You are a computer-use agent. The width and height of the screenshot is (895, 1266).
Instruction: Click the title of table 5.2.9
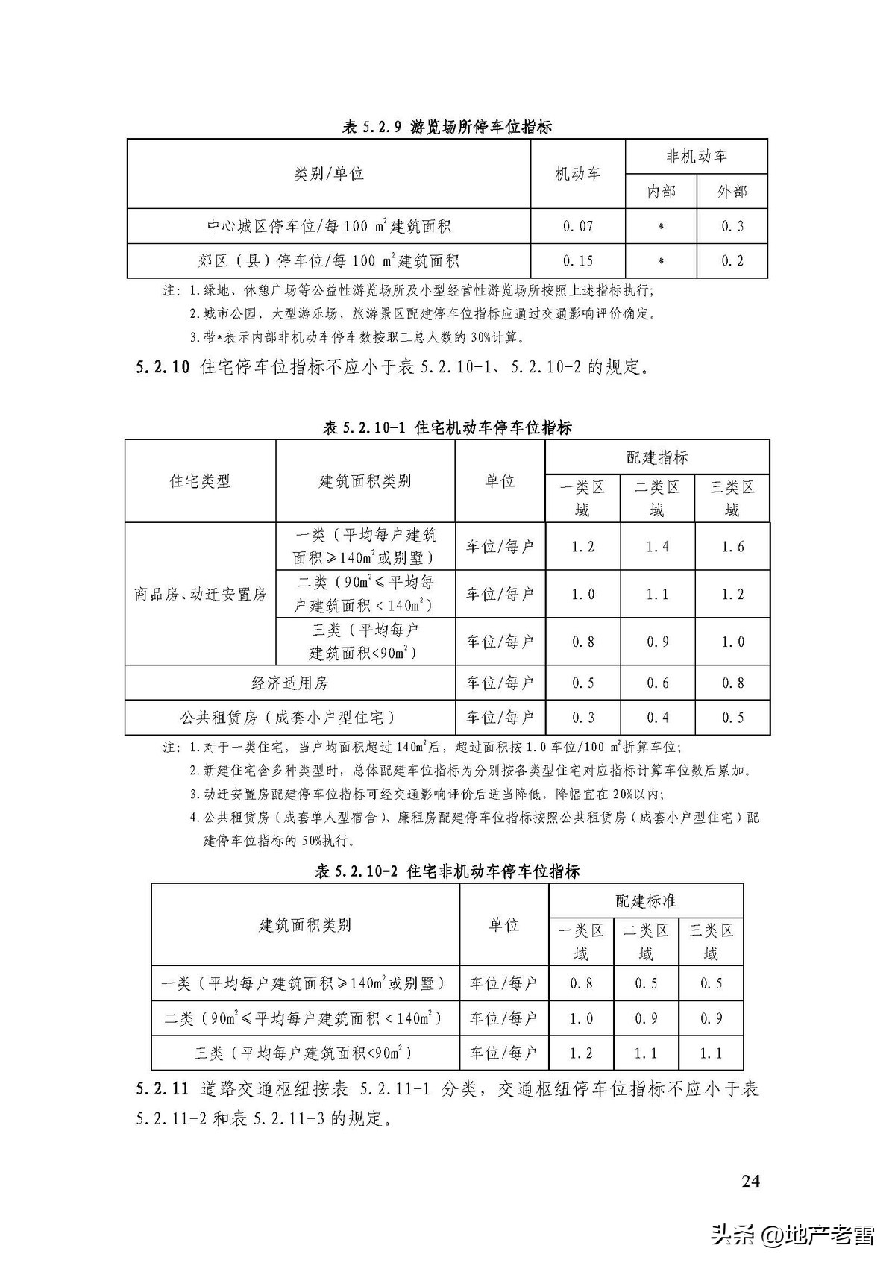447,127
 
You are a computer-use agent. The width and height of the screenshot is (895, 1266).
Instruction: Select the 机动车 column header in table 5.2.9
577,174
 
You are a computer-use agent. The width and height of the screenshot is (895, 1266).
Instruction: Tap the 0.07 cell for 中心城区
577,226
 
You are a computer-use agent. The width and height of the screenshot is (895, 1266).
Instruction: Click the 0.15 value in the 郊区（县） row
577,261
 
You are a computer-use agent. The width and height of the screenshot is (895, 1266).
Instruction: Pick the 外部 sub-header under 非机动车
732,192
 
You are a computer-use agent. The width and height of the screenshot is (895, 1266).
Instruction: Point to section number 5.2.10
163,367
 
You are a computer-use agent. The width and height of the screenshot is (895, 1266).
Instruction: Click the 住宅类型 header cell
200,481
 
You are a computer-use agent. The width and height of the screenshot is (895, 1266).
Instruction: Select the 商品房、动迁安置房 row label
200,595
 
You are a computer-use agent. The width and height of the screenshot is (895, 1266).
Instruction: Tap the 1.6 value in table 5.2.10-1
732,547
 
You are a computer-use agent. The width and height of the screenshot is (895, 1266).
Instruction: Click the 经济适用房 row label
289,683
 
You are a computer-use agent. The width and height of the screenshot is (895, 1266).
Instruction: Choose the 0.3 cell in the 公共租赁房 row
582,718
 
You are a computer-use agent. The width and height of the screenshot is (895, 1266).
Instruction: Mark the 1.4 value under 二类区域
657,547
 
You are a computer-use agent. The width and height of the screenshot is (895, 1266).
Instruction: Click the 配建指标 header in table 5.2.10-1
657,457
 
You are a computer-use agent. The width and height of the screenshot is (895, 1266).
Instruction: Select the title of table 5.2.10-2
447,871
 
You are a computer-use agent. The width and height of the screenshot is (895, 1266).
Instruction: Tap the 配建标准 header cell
646,901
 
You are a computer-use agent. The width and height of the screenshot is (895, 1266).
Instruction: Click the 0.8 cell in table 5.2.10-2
581,983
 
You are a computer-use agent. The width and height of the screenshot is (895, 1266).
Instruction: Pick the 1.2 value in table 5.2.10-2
581,1053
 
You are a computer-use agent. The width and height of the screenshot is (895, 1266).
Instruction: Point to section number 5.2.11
163,1089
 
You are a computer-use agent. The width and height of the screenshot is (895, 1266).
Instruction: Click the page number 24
751,1181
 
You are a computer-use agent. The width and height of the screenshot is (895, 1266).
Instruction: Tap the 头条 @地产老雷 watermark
792,1235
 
